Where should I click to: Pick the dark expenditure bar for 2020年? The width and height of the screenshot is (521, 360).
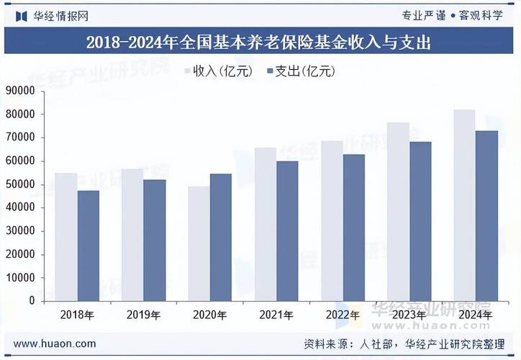221,237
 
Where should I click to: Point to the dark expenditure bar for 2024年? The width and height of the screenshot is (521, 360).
486,215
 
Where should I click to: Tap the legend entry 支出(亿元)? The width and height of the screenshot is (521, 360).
299,71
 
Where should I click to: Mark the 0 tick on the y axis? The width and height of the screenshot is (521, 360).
32,301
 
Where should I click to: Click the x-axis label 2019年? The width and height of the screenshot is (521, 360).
143,315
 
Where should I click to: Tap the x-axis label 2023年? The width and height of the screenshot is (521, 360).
409,315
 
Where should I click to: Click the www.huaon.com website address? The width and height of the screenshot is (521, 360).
55,344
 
